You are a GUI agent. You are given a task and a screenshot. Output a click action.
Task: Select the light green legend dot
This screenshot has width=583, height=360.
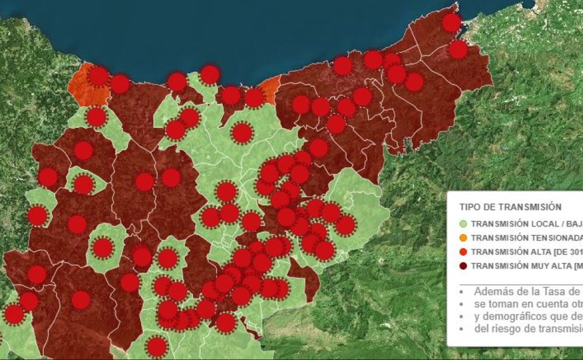[463, 224]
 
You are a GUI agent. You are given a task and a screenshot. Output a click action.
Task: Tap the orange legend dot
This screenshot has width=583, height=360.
[463, 238]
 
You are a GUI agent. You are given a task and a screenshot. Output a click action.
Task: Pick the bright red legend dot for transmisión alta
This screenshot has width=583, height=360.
[463, 252]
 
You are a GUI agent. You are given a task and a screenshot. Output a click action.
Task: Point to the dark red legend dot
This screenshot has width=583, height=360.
[463, 266]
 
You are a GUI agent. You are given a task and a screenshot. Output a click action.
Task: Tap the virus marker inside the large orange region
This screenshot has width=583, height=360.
[98, 76]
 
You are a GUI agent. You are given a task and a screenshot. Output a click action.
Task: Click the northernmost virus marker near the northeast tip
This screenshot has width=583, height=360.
[451, 22]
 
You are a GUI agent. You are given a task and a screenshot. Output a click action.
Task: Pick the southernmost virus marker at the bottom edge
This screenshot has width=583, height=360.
[156, 347]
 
